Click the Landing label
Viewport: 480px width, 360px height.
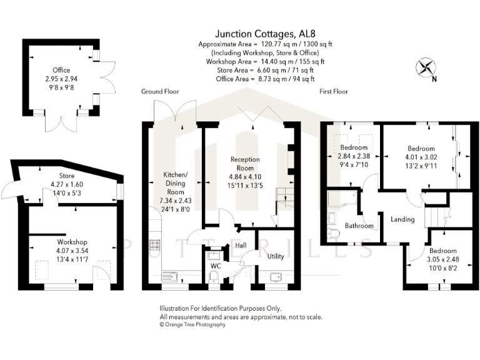click(x=402, y=219)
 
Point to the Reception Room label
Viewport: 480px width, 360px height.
click(x=245, y=164)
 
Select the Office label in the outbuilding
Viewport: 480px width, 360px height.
click(x=61, y=71)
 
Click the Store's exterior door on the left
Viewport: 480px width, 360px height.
click(x=10, y=186)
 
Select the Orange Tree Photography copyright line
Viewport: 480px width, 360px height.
click(x=192, y=324)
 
